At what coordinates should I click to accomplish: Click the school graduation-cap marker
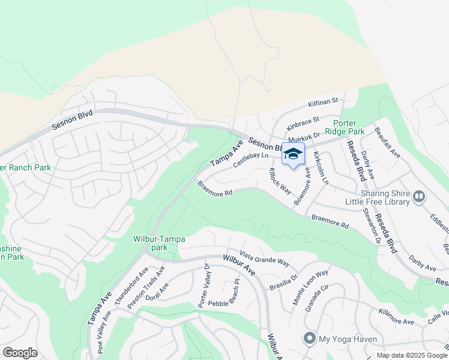293,155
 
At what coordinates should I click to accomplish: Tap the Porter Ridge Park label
345,126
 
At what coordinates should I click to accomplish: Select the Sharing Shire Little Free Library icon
420,196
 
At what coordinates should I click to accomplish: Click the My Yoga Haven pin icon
310,339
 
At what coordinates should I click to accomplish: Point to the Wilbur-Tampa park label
159,243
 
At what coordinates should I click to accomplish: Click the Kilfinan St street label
324,102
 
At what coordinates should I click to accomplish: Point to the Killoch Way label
280,181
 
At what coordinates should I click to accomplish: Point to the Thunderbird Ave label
131,290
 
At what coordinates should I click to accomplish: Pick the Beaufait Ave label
387,142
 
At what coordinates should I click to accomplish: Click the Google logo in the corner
20,353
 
